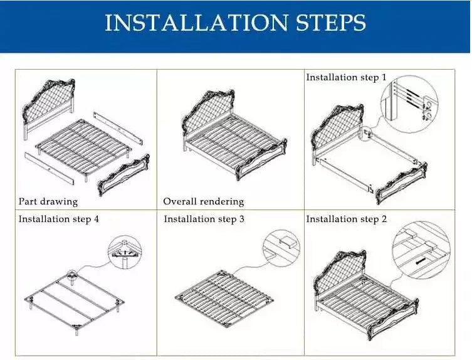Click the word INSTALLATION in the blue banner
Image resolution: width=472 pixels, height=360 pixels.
(x=196, y=23)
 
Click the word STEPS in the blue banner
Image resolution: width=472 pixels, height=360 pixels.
(x=331, y=23)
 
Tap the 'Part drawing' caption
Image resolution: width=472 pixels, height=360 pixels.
(x=48, y=201)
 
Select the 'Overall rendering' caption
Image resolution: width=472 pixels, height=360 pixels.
(x=204, y=201)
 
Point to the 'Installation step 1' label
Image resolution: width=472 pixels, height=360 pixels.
(x=346, y=77)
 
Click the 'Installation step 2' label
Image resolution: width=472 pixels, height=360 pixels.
(x=347, y=219)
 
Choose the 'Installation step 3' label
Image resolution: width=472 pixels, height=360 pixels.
(x=204, y=219)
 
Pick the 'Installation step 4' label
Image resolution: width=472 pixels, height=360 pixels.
(x=59, y=219)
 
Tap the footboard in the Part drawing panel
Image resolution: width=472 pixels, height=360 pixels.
(x=124, y=175)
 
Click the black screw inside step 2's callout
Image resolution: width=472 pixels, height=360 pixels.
(x=420, y=261)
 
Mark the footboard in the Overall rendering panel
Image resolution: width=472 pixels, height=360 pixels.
(x=261, y=160)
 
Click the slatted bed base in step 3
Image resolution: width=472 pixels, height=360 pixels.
(x=224, y=297)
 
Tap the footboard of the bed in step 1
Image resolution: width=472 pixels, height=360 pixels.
(x=401, y=183)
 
